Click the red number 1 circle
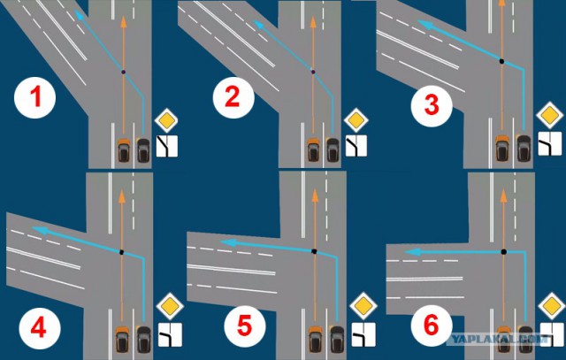click(x=34, y=98)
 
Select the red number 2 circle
click(x=233, y=97)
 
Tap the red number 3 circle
click(x=432, y=106)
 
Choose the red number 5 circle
click(x=245, y=326)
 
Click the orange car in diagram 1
click(x=124, y=149)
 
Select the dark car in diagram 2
click(x=333, y=149)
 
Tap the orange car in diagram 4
click(x=122, y=339)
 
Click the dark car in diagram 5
click(x=337, y=339)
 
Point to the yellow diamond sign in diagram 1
click(x=166, y=120)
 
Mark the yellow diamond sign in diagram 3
click(x=550, y=116)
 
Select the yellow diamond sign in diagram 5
click(x=363, y=306)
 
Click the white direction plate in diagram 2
click(x=356, y=146)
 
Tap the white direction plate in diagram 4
click(x=170, y=334)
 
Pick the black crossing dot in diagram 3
click(x=501, y=61)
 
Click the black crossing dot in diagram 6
click(x=503, y=252)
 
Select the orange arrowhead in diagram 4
click(x=122, y=196)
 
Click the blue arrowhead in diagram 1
click(x=79, y=15)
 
